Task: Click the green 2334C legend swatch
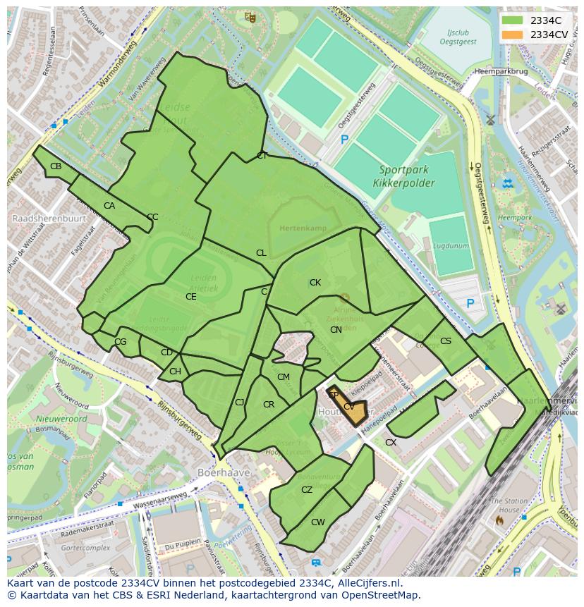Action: tap(512, 20)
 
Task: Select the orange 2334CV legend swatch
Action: tap(512, 35)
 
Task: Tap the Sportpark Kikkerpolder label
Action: tap(407, 176)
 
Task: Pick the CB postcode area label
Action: tap(56, 166)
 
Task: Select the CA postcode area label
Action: tap(109, 206)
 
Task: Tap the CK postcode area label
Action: tap(315, 283)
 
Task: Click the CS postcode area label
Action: tap(446, 341)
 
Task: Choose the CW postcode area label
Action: tap(318, 522)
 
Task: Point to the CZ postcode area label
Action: tap(307, 490)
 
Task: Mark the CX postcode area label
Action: tap(391, 443)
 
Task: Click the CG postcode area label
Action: tap(121, 342)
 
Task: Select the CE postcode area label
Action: tap(191, 297)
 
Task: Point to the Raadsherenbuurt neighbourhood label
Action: tap(49, 219)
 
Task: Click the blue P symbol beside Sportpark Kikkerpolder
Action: tap(344, 140)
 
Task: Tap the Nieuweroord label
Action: tap(61, 419)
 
